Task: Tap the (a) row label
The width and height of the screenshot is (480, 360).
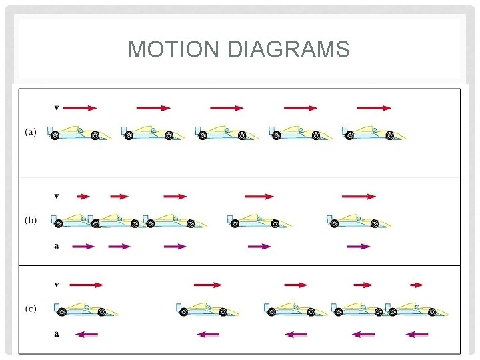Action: click(x=31, y=132)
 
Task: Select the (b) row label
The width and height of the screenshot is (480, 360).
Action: click(x=31, y=220)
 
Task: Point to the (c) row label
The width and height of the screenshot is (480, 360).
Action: click(x=31, y=308)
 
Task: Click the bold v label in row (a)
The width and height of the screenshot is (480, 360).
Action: click(x=57, y=107)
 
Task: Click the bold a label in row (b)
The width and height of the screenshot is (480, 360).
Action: click(x=57, y=246)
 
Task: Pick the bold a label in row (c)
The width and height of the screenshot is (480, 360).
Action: click(x=57, y=334)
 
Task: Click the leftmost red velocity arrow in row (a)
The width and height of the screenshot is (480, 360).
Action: click(x=81, y=107)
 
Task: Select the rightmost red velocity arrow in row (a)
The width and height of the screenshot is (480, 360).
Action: click(x=374, y=107)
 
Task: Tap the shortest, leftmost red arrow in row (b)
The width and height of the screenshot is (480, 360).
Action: click(x=83, y=197)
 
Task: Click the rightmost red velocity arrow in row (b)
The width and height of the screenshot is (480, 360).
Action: click(x=359, y=197)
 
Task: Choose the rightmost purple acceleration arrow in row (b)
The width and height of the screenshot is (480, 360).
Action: click(x=359, y=247)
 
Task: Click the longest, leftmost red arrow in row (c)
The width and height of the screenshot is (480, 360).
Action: click(x=86, y=285)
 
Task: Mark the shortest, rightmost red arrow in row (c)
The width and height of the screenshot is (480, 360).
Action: click(x=417, y=285)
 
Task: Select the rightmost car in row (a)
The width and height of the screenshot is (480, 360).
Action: click(x=373, y=133)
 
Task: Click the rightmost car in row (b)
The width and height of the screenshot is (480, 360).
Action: click(x=359, y=221)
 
